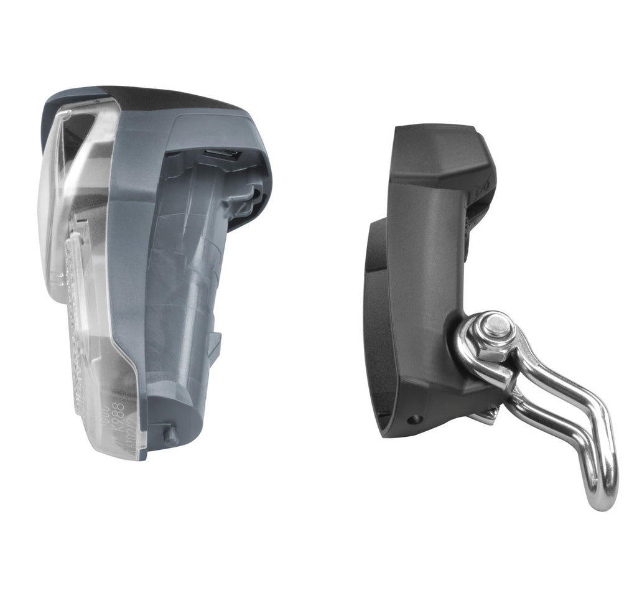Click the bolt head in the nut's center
(x=495, y=324)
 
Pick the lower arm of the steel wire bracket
(x=547, y=423)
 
